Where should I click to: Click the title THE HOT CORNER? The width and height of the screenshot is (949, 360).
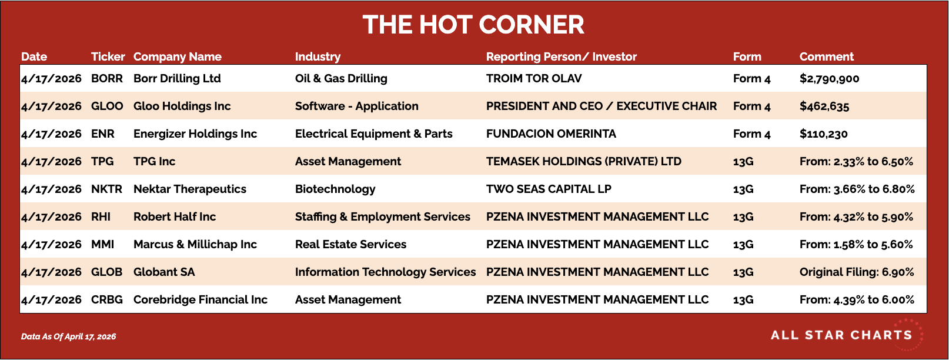[x=473, y=25]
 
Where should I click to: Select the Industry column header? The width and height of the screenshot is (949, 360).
[x=318, y=57]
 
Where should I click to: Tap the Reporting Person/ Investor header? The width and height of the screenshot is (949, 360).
[x=562, y=57]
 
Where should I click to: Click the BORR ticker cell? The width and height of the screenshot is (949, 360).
[x=107, y=78]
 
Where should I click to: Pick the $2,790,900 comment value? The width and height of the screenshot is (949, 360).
[x=829, y=79]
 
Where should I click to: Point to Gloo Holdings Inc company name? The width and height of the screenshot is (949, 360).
[x=182, y=106]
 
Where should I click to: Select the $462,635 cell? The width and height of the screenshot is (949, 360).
[x=824, y=106]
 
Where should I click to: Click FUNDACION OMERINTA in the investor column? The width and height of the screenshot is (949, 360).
[x=551, y=134]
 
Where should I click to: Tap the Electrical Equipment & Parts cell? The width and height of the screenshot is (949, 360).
[x=374, y=134]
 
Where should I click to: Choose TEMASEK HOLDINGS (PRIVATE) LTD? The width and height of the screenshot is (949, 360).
[x=583, y=162]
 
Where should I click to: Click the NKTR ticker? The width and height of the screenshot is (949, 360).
[x=107, y=189]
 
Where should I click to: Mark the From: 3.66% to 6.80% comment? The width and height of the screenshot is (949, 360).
[x=857, y=189]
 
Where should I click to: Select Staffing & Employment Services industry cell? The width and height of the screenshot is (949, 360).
[x=383, y=216]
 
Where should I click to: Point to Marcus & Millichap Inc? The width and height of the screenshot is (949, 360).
[x=195, y=244]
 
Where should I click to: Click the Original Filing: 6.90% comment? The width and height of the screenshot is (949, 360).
[x=856, y=272]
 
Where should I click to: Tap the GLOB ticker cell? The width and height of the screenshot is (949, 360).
[x=107, y=272]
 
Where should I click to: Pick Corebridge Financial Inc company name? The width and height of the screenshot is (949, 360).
[x=201, y=300]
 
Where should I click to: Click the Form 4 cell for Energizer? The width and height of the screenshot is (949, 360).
[x=751, y=134]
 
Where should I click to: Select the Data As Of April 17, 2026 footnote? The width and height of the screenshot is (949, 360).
[x=68, y=336]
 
